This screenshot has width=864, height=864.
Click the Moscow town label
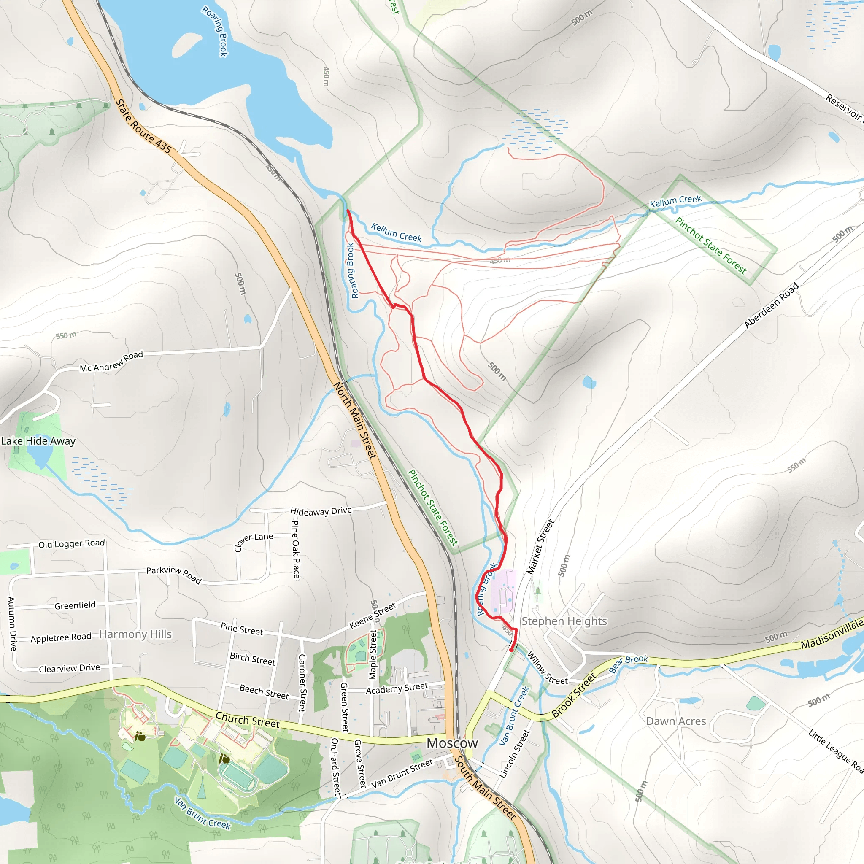pyautogui.click(x=452, y=743)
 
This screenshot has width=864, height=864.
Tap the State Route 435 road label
pyautogui.click(x=143, y=126)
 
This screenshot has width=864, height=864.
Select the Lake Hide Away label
pyautogui.click(x=38, y=441)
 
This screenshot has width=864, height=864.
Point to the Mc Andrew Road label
pyautogui.click(x=111, y=362)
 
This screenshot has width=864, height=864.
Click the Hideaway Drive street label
pyautogui.click(x=321, y=511)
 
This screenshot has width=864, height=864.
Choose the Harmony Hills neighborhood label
pyautogui.click(x=135, y=634)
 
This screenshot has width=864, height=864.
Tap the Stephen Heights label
pyautogui.click(x=564, y=621)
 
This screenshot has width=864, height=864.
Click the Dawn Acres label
pyautogui.click(x=676, y=721)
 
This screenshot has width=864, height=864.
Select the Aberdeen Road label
pyautogui.click(x=772, y=305)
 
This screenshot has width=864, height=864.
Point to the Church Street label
pyautogui.click(x=247, y=720)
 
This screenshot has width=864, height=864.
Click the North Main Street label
pyautogui.click(x=355, y=420)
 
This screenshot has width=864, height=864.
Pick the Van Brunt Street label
pyautogui.click(x=402, y=773)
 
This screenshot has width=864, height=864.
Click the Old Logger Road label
pyautogui.click(x=72, y=543)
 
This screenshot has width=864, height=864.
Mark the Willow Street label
pyautogui.click(x=547, y=669)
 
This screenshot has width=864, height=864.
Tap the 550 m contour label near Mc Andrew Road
pyautogui.click(x=66, y=335)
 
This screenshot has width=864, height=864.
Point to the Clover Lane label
pyautogui.click(x=253, y=542)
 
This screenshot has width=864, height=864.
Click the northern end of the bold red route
pyautogui.click(x=348, y=210)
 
